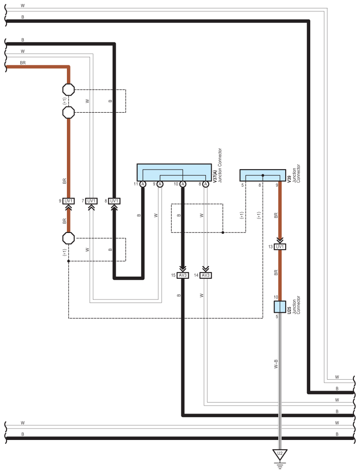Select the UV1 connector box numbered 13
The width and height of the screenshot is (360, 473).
[x=280, y=247]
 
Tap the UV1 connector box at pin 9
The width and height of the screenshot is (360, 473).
[x=69, y=201]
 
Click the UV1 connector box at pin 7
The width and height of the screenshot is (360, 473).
[x=91, y=201]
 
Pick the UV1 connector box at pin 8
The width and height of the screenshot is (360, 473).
[x=114, y=201]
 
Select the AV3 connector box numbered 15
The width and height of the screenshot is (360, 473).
[x=183, y=275]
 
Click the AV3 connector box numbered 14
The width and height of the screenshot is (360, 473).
[x=206, y=275]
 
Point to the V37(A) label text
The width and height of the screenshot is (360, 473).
[x=215, y=176]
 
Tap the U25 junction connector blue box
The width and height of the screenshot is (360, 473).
[x=280, y=307]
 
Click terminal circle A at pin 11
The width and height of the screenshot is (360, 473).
[x=143, y=184]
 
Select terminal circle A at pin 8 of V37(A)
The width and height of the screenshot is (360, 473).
[x=206, y=184]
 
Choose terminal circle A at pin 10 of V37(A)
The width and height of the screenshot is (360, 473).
[x=183, y=184]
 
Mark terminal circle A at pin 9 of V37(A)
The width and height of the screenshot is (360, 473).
[x=160, y=184]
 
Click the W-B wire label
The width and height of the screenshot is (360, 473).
[x=276, y=364]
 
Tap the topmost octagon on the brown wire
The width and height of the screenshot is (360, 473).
[x=69, y=89]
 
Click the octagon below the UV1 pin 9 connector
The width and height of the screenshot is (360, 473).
[x=69, y=238]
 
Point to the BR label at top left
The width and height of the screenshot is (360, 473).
[x=23, y=63]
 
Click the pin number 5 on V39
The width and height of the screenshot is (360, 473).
[x=242, y=185]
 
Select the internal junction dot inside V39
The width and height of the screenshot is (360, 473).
[x=263, y=175]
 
